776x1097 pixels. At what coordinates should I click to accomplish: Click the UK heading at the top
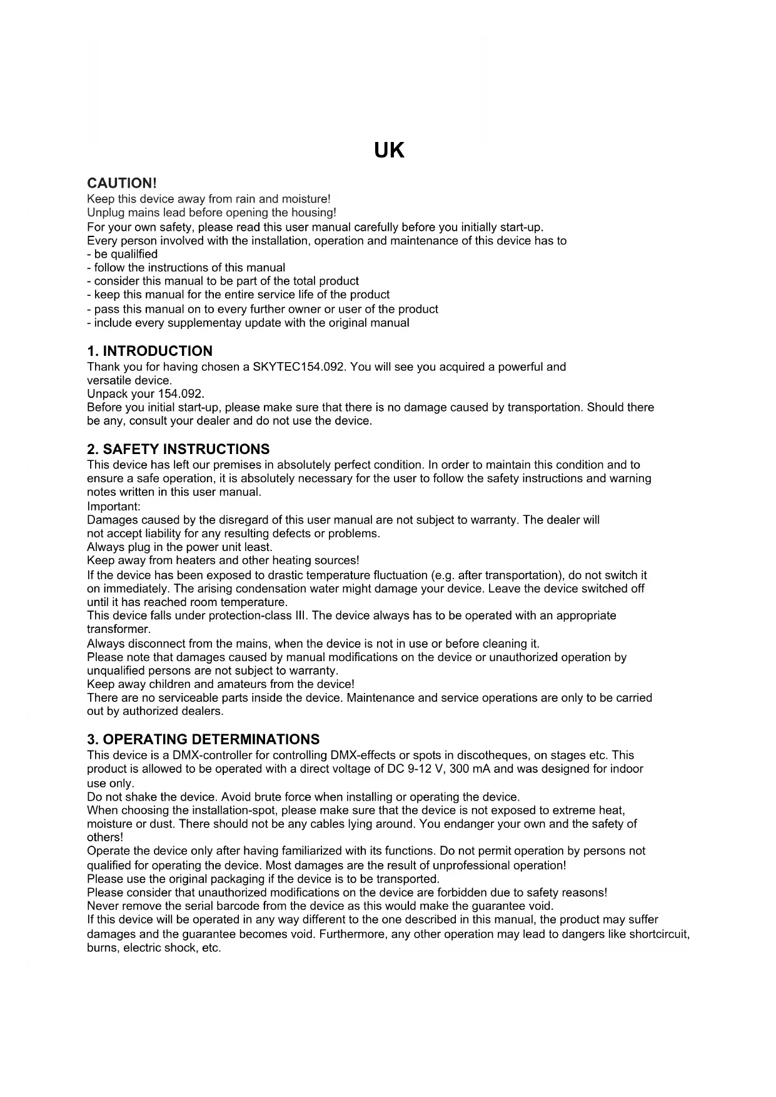(x=388, y=151)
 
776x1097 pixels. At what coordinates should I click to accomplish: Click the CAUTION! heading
(x=121, y=183)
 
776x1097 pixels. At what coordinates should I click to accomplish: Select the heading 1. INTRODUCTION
(x=150, y=351)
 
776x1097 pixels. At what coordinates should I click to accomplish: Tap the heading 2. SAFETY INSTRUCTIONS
(x=179, y=449)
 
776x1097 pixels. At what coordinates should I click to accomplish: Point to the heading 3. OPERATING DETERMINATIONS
(x=203, y=739)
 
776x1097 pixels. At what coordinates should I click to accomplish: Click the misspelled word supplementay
(x=206, y=323)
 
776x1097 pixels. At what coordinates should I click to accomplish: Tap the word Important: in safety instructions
(x=114, y=506)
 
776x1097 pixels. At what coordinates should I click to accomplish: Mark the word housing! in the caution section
(x=314, y=213)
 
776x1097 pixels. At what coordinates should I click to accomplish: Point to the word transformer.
(x=119, y=629)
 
